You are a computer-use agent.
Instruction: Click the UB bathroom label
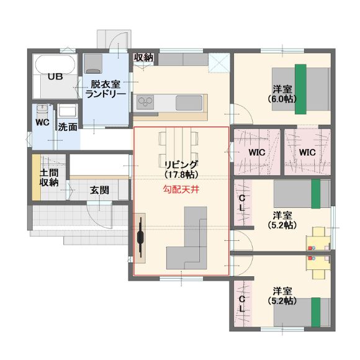(x=55, y=76)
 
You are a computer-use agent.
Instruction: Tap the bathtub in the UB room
(x=55, y=65)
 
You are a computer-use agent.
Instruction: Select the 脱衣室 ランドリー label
(x=106, y=89)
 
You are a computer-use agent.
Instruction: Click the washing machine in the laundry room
(x=93, y=63)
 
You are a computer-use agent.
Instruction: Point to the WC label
(x=42, y=122)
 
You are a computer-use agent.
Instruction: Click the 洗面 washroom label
(x=67, y=127)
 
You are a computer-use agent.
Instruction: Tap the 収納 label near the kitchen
(x=144, y=57)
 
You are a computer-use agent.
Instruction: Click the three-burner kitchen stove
(x=145, y=102)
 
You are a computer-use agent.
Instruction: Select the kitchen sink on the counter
(x=189, y=103)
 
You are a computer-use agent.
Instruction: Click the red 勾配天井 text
(x=181, y=190)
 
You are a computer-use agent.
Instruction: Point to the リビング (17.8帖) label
(x=181, y=169)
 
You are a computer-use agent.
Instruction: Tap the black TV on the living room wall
(x=140, y=238)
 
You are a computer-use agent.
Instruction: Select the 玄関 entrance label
(x=99, y=190)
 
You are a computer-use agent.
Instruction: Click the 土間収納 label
(x=49, y=178)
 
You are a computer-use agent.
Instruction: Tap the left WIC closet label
(x=257, y=152)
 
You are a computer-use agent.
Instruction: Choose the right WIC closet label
(x=307, y=152)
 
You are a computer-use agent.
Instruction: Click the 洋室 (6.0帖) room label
(x=282, y=94)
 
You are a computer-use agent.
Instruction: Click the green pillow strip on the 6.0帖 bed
(x=300, y=89)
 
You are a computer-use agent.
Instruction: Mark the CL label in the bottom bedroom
(x=242, y=304)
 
